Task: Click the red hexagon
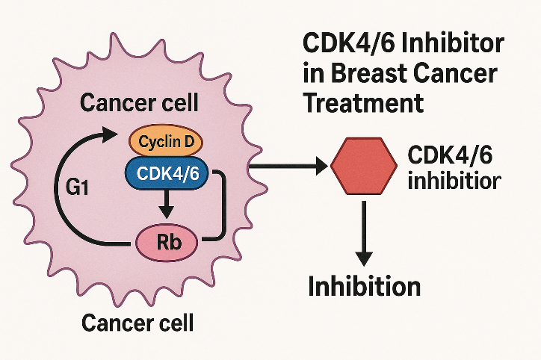coord(364,166)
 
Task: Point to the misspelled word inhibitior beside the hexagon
coord(455,180)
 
